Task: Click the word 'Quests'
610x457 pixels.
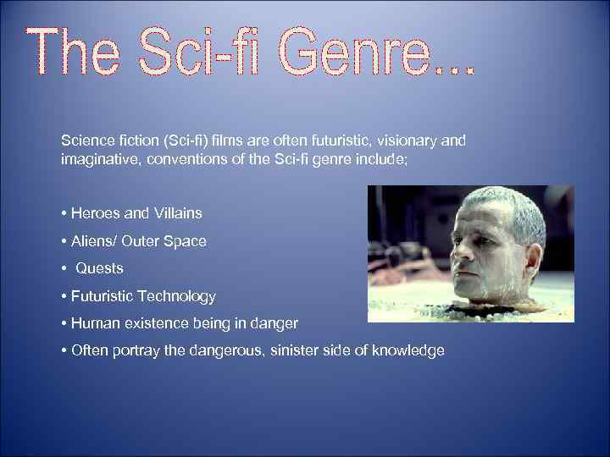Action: pyautogui.click(x=100, y=268)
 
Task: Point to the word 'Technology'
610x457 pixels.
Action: pyautogui.click(x=180, y=296)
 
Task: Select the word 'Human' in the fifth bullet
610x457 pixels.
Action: pyautogui.click(x=92, y=323)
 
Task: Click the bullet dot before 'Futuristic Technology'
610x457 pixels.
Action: pyautogui.click(x=64, y=296)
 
